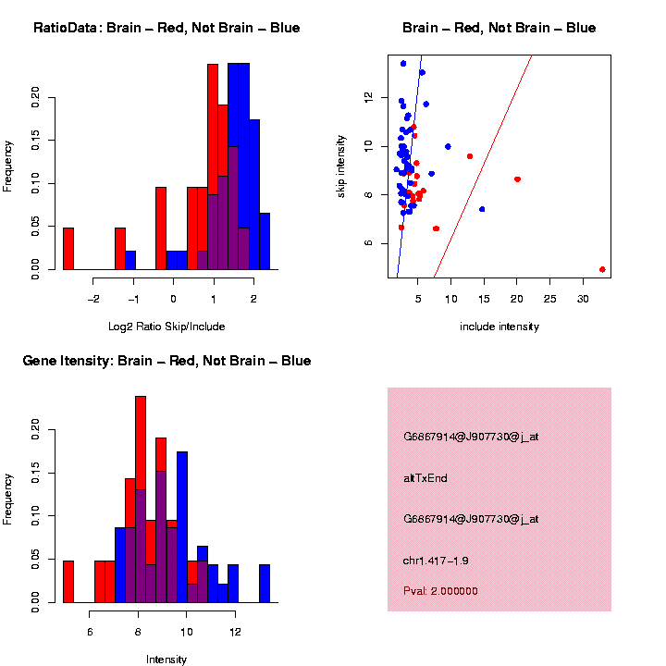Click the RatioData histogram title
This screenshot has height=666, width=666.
point(166,29)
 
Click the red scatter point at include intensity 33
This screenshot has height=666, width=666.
point(602,269)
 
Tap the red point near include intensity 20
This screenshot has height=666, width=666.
point(517,179)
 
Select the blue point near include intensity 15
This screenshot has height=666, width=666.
point(482,209)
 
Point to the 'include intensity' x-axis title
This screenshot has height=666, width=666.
point(499,327)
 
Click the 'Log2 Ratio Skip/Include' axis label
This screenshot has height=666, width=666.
point(166,327)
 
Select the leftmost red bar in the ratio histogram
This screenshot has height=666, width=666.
point(68,249)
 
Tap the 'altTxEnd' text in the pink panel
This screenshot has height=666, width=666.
point(425,478)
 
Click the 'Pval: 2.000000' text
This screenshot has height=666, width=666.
point(440,591)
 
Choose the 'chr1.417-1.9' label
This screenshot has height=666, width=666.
point(436,561)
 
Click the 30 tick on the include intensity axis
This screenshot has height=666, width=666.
point(583,299)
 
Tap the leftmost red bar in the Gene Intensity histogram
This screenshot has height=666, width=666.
point(68,582)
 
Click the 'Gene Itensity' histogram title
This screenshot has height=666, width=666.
point(166,361)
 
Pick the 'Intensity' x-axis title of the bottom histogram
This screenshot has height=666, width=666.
point(166,660)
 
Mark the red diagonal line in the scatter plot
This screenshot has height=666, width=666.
point(481,166)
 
